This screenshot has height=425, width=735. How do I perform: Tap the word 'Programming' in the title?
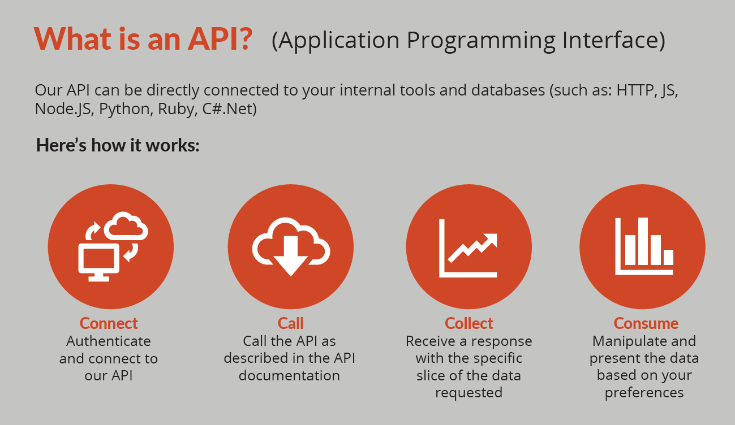[480, 41]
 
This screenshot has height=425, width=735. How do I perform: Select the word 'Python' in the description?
[124, 109]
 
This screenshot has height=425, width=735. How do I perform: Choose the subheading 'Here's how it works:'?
[118, 145]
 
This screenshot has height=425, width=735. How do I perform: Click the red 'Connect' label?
[109, 323]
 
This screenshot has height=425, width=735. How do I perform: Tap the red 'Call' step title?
[290, 323]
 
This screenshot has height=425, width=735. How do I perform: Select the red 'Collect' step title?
[469, 323]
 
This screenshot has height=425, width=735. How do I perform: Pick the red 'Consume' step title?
[646, 323]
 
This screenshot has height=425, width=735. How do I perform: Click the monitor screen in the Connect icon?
[98, 259]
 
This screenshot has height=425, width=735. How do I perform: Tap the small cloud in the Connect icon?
[126, 225]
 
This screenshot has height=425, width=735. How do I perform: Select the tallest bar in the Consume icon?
[643, 241]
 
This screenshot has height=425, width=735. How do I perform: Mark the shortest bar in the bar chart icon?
[668, 257]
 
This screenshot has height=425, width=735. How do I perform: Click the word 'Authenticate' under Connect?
[109, 341]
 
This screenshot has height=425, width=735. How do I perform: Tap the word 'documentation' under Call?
[289, 375]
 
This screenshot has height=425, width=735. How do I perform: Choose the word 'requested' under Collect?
[468, 393]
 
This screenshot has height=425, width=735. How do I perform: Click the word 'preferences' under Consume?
[644, 393]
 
